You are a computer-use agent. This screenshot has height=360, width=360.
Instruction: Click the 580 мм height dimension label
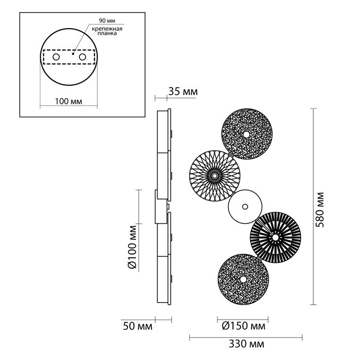[x=319, y=210]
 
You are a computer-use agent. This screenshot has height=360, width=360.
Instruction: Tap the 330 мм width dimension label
[x=246, y=344]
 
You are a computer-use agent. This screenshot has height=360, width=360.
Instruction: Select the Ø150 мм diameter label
[x=243, y=326]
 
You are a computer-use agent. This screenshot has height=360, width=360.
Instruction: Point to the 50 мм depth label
[x=138, y=326]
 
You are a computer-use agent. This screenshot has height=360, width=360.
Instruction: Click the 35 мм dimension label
[x=183, y=91]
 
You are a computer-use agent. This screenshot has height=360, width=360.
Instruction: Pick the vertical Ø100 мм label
[x=132, y=247]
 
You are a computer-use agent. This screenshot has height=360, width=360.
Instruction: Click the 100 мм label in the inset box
[x=69, y=101]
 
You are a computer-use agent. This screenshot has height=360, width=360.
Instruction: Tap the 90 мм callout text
[x=107, y=20]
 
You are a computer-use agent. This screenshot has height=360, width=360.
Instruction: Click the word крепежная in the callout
[x=107, y=29]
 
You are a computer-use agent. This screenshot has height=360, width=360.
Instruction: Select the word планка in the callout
[x=107, y=33]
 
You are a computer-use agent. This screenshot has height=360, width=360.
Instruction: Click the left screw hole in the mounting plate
[x=56, y=57]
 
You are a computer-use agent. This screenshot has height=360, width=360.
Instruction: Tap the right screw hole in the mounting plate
[x=82, y=57]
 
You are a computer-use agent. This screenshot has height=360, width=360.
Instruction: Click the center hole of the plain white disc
[x=245, y=207]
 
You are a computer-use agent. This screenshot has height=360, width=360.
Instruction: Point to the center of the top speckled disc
[x=246, y=135]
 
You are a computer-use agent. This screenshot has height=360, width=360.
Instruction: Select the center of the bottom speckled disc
[x=243, y=280]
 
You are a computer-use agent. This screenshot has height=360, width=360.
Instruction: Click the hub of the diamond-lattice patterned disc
[x=215, y=176]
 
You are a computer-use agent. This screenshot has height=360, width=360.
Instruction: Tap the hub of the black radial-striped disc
[x=275, y=237]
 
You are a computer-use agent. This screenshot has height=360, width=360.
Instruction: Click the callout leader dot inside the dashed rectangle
[x=73, y=54]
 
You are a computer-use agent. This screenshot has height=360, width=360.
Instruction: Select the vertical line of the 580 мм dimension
[x=313, y=207]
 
